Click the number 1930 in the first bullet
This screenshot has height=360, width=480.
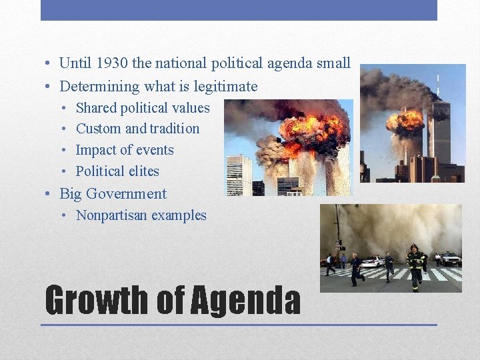[x=109, y=63]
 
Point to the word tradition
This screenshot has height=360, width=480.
[x=175, y=129]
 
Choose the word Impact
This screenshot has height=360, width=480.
[x=96, y=150]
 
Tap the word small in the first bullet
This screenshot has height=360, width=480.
[x=333, y=63]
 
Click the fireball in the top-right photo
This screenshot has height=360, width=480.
[x=405, y=121]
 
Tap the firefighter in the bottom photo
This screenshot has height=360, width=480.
[x=416, y=267]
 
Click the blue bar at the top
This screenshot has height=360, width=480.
[x=239, y=10]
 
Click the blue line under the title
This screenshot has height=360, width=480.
[x=239, y=325]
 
